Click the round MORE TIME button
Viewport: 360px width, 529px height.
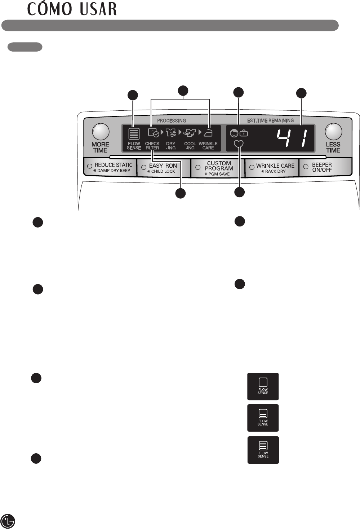pyautogui.click(x=101, y=132)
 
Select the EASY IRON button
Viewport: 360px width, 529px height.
pyautogui.click(x=163, y=168)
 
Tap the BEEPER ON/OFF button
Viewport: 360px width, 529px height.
pyautogui.click(x=321, y=167)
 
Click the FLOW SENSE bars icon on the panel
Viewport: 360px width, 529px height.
pyautogui.click(x=134, y=134)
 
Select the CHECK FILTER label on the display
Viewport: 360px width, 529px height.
pyautogui.click(x=152, y=146)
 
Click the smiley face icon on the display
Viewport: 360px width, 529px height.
pyautogui.click(x=234, y=133)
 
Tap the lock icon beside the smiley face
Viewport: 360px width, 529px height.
pyautogui.click(x=244, y=133)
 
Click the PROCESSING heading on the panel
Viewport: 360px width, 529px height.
pyautogui.click(x=172, y=120)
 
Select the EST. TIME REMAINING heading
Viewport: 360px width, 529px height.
pyautogui.click(x=270, y=120)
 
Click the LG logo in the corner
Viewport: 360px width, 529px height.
pyautogui.click(x=8, y=521)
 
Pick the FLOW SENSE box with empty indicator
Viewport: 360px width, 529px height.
pyautogui.click(x=263, y=386)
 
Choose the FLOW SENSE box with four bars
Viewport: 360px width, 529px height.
pyautogui.click(x=263, y=450)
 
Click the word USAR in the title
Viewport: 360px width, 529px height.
pyautogui.click(x=98, y=9)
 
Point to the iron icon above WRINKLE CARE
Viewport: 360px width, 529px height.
pyautogui.click(x=208, y=133)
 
